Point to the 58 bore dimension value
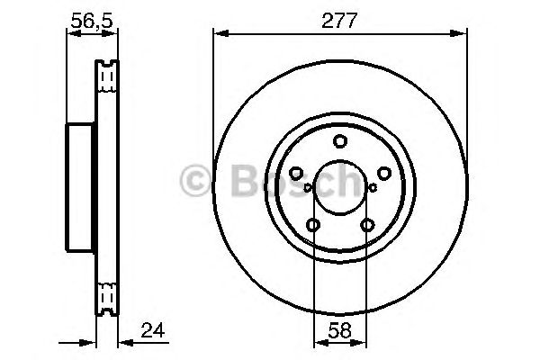point(340,329)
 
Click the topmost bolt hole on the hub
point(339,140)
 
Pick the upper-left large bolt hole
point(297,173)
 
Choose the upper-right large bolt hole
point(382,173)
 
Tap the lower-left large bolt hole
point(313,225)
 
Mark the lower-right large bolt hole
point(366,225)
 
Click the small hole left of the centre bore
point(307,187)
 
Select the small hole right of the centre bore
point(373,187)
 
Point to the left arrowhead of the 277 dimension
point(219,35)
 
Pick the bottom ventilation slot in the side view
point(107,296)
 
